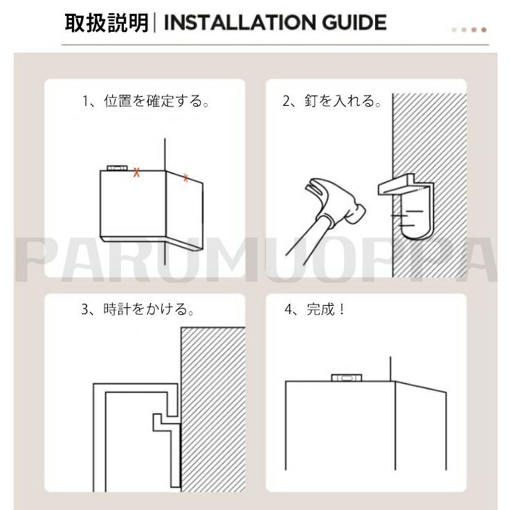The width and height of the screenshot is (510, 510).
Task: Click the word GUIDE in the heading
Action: point(354,22)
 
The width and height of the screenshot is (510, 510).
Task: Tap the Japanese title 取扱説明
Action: point(107,23)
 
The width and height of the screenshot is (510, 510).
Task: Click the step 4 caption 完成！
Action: point(325,309)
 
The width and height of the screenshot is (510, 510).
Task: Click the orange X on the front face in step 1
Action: point(136,172)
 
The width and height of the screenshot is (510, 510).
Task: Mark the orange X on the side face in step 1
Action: point(185,178)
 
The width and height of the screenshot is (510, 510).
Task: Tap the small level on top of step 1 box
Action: point(116,168)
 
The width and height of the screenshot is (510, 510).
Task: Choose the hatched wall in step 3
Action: point(213,409)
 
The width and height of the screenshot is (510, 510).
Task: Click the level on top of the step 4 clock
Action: point(347,378)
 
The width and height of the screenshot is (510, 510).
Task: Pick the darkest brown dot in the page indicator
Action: point(484,30)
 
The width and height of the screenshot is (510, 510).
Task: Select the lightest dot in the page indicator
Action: point(455,30)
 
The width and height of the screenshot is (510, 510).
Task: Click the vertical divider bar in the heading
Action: point(154,22)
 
